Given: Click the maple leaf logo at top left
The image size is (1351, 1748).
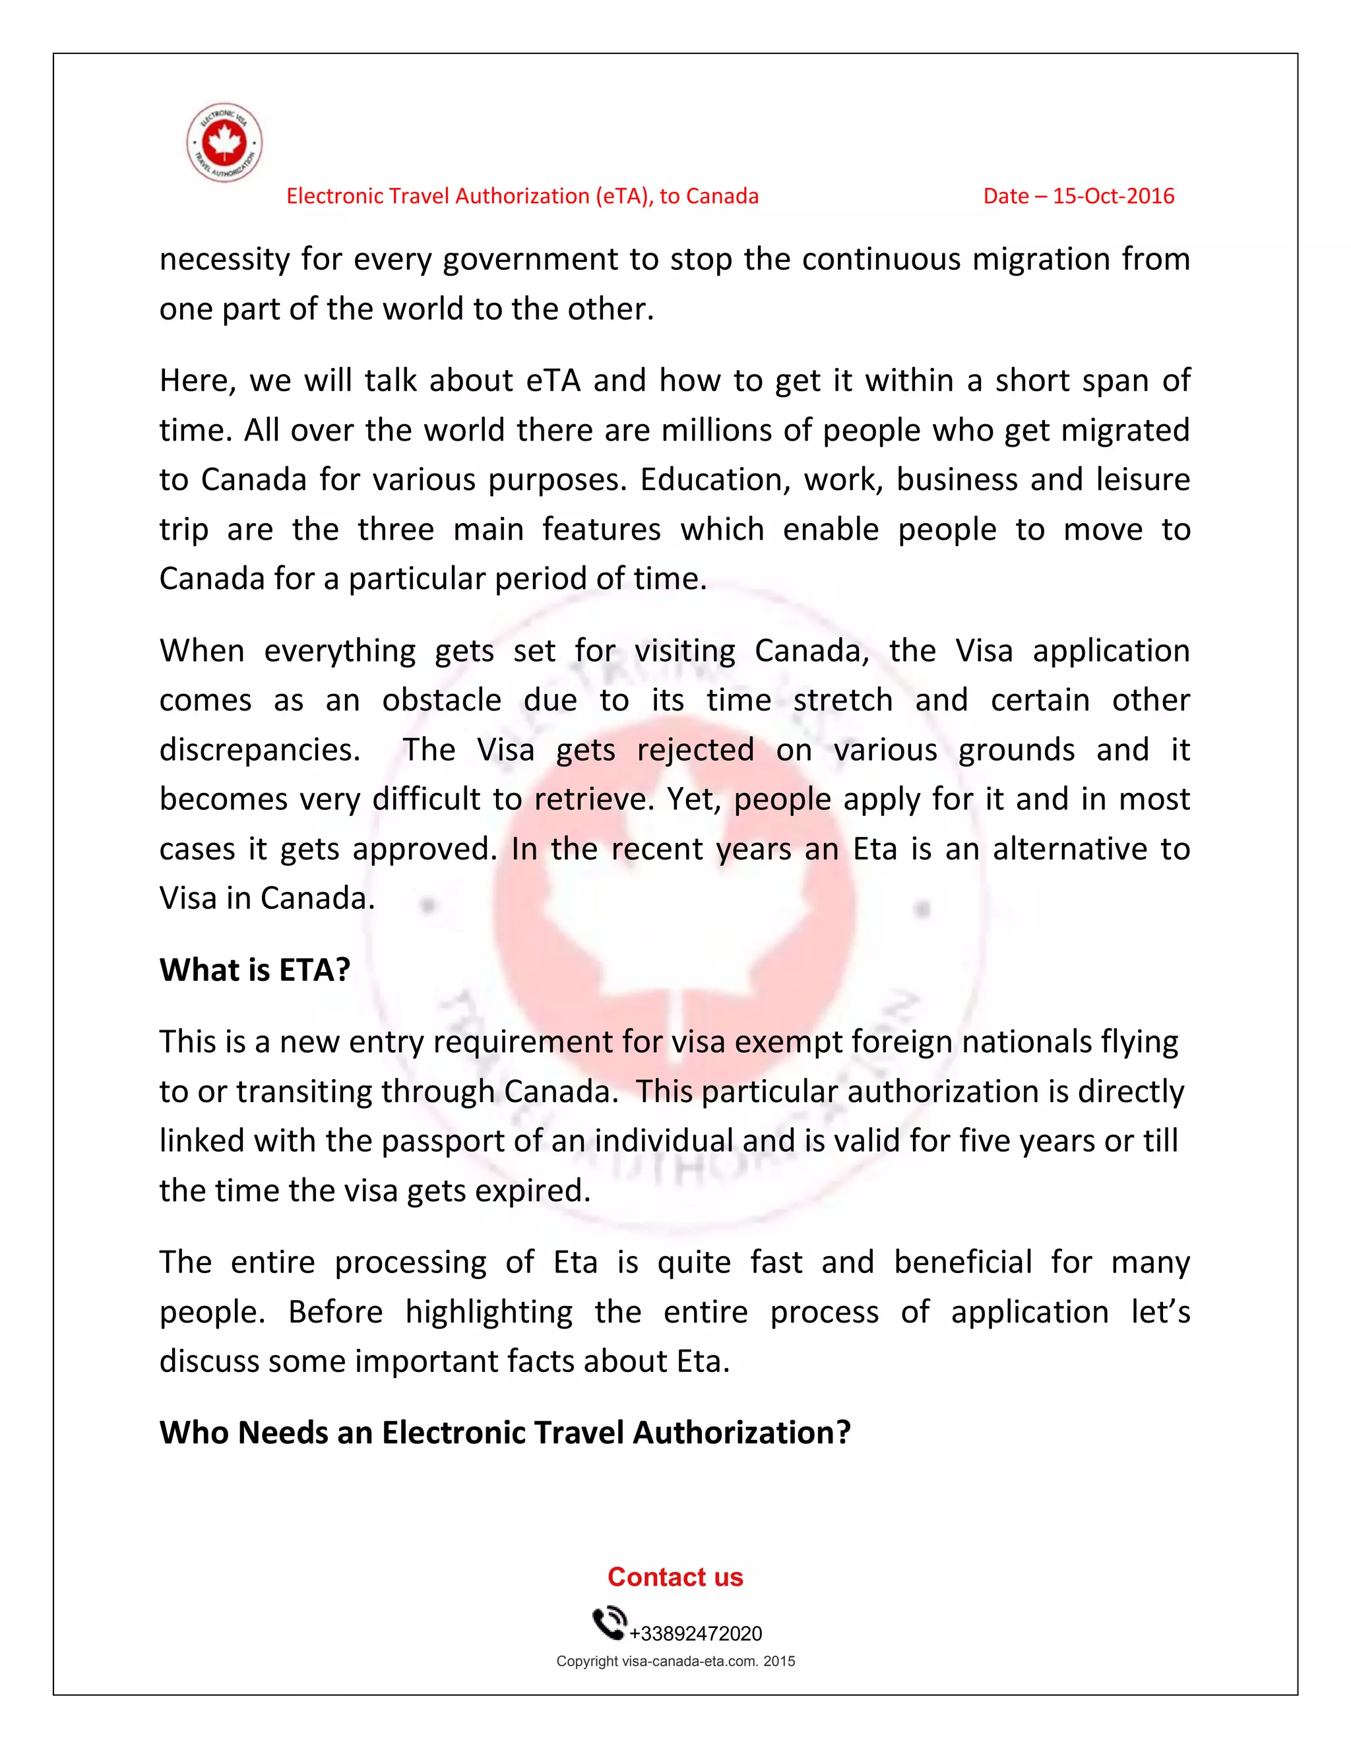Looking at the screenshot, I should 224,142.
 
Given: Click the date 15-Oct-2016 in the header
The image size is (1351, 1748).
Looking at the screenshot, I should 1078,196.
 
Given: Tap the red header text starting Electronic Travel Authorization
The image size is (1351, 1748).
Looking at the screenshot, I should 522,196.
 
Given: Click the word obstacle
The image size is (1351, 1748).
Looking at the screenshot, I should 441,701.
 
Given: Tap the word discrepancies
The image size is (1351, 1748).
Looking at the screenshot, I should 259,750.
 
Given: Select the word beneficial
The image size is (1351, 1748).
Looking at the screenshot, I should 963,1262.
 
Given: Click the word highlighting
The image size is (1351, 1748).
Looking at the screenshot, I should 488,1312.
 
